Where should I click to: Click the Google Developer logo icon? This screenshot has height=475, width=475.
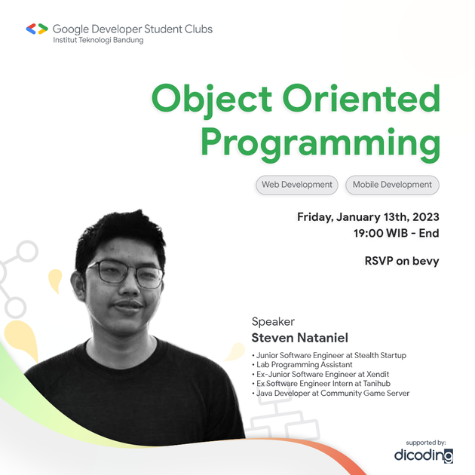(x=36, y=29)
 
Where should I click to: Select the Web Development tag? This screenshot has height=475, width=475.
(x=296, y=185)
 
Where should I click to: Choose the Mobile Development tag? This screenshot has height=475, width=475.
(x=392, y=185)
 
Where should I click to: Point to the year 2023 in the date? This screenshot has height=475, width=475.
(x=422, y=216)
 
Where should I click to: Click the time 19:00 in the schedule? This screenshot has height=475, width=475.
(x=369, y=234)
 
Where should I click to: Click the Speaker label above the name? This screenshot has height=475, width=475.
(x=273, y=322)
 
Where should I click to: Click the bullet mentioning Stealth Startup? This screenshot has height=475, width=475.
(x=329, y=355)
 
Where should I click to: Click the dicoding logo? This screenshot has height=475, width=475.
(x=423, y=455)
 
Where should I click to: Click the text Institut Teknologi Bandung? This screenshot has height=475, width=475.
(x=98, y=41)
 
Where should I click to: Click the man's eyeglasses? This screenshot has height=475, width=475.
(x=124, y=273)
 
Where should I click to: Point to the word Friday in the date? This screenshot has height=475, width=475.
(x=315, y=216)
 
